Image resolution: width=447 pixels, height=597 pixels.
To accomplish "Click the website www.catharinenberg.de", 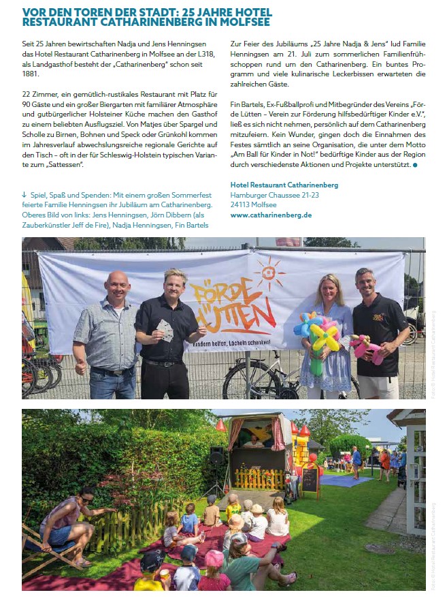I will [x=271, y=215].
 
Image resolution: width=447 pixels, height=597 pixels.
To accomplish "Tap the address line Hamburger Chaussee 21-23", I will [x=274, y=195].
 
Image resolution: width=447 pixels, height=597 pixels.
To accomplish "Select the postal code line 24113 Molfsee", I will [x=253, y=204].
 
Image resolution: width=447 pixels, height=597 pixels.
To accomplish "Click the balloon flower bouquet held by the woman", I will [x=318, y=335].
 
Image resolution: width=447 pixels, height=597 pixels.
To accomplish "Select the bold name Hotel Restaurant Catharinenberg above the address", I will [x=284, y=185].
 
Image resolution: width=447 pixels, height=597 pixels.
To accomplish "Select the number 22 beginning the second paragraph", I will [x=27, y=93].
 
